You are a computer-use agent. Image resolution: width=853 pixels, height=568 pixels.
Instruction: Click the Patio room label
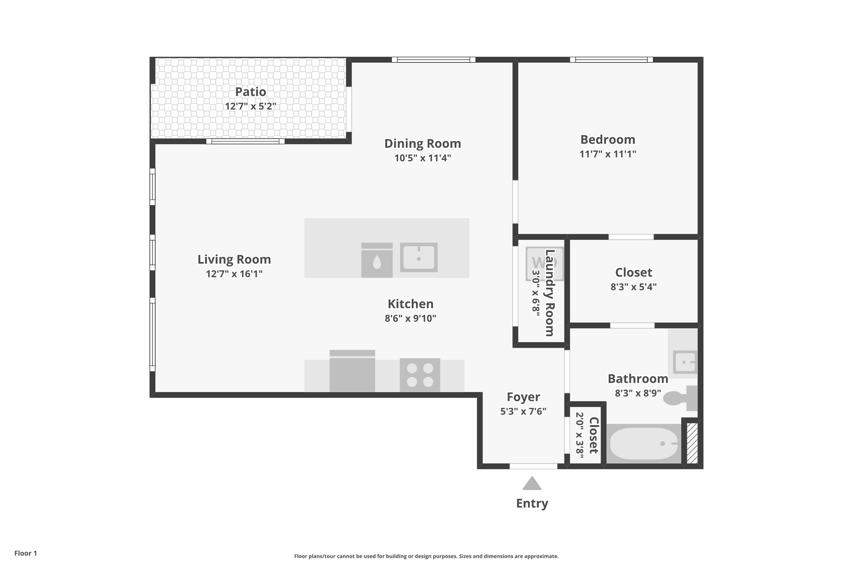click(x=250, y=92)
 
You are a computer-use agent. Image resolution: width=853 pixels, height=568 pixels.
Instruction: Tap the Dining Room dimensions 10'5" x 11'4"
click(x=423, y=158)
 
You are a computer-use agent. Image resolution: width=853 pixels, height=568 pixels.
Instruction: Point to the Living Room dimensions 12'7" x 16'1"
click(x=234, y=274)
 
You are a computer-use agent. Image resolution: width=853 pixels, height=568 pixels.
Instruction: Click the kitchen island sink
click(x=419, y=257)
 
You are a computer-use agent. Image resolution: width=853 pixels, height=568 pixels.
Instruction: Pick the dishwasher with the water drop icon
click(x=377, y=260)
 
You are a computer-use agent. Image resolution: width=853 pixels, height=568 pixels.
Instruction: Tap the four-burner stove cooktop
click(x=420, y=375)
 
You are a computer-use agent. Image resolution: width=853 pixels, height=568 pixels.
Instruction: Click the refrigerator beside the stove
click(x=352, y=371)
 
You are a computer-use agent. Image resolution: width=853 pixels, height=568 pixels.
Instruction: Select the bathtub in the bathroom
click(x=644, y=444)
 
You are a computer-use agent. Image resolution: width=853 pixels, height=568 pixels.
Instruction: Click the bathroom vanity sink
click(x=685, y=362)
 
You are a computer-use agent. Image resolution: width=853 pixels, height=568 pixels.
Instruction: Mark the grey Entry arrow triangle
click(x=532, y=484)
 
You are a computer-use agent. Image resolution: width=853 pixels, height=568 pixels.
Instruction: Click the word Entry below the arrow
click(x=532, y=503)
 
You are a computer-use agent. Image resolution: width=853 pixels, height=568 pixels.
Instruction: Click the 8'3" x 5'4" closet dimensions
click(x=633, y=287)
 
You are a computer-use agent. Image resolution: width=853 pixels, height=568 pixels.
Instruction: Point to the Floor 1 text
click(x=25, y=553)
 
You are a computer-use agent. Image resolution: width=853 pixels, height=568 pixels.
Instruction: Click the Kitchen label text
click(x=410, y=304)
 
